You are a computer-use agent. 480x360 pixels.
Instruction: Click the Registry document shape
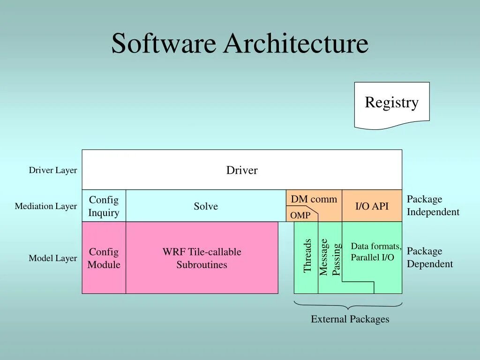click(x=391, y=104)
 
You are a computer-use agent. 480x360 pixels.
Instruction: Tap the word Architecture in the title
click(x=296, y=44)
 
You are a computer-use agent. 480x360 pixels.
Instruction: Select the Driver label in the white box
click(x=242, y=170)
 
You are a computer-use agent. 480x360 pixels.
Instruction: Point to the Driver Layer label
click(x=53, y=170)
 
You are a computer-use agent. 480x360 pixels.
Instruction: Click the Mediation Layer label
click(x=46, y=206)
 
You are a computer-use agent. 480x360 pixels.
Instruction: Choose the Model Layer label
click(x=53, y=258)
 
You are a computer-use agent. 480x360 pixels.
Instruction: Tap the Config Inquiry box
click(x=104, y=206)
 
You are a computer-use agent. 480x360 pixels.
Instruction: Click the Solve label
click(x=206, y=206)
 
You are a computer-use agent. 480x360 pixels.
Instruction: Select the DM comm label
click(x=314, y=199)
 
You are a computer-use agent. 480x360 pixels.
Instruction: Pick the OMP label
click(x=300, y=216)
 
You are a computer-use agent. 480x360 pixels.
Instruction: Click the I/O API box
click(x=372, y=206)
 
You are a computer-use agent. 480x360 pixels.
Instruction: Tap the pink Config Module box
click(x=104, y=258)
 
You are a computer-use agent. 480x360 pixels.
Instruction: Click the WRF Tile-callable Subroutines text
click(x=202, y=258)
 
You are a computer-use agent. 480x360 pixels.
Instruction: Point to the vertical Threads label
click(x=307, y=256)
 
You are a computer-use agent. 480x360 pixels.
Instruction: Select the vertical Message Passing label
click(x=330, y=257)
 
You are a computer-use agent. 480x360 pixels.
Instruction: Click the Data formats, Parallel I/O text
click(x=375, y=252)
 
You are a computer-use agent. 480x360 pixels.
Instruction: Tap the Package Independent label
click(x=433, y=206)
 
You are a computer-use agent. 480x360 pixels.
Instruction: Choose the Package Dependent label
click(x=430, y=258)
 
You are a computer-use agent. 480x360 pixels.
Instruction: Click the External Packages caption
click(x=350, y=319)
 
